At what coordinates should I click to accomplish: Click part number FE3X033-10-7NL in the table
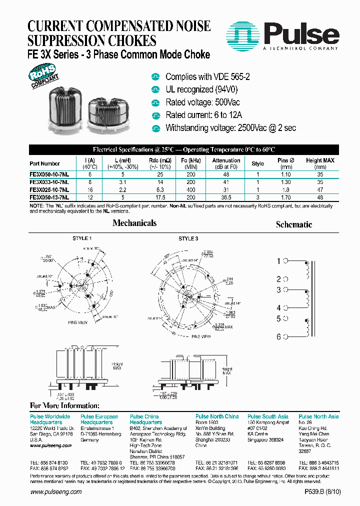coord(49,182)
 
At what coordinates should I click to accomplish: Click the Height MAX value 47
coord(320,190)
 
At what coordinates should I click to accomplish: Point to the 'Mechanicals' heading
coord(134,223)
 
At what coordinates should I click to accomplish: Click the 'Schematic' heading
coord(294,224)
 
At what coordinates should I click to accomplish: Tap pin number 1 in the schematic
coord(279,261)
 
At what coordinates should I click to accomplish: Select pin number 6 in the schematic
coord(279,337)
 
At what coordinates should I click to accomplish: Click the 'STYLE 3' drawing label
coord(188,238)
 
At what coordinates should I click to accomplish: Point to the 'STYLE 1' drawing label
coord(82,238)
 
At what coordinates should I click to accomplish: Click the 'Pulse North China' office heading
coord(217,416)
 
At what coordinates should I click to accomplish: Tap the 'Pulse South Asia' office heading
coord(268,416)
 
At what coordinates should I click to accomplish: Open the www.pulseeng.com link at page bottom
coord(56,492)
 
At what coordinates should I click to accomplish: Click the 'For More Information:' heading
coord(65,405)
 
